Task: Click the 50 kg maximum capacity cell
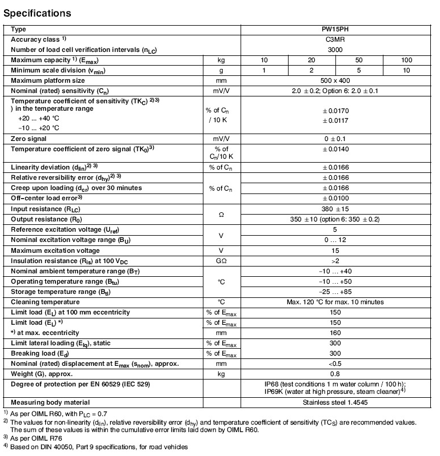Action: coord(359,60)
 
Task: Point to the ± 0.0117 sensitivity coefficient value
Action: coord(335,120)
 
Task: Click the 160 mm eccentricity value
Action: coord(335,332)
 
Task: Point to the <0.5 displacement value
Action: coord(335,363)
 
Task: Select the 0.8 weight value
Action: coord(335,373)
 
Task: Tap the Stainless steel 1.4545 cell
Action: coord(335,402)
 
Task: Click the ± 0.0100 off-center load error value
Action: coord(335,198)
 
